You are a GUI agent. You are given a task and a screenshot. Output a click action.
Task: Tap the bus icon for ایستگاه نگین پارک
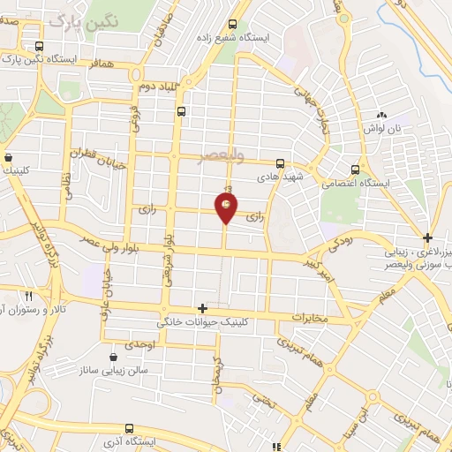coord(38,47)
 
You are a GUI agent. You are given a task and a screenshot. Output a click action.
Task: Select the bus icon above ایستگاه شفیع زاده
coord(232,25)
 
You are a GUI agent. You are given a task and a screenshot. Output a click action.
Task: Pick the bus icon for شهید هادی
coord(280,163)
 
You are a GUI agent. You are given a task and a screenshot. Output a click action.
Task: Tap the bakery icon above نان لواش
coord(382,116)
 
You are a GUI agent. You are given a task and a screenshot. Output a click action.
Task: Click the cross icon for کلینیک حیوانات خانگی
coord(203,308)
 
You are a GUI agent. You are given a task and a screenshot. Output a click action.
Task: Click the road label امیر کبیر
coord(312,269)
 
